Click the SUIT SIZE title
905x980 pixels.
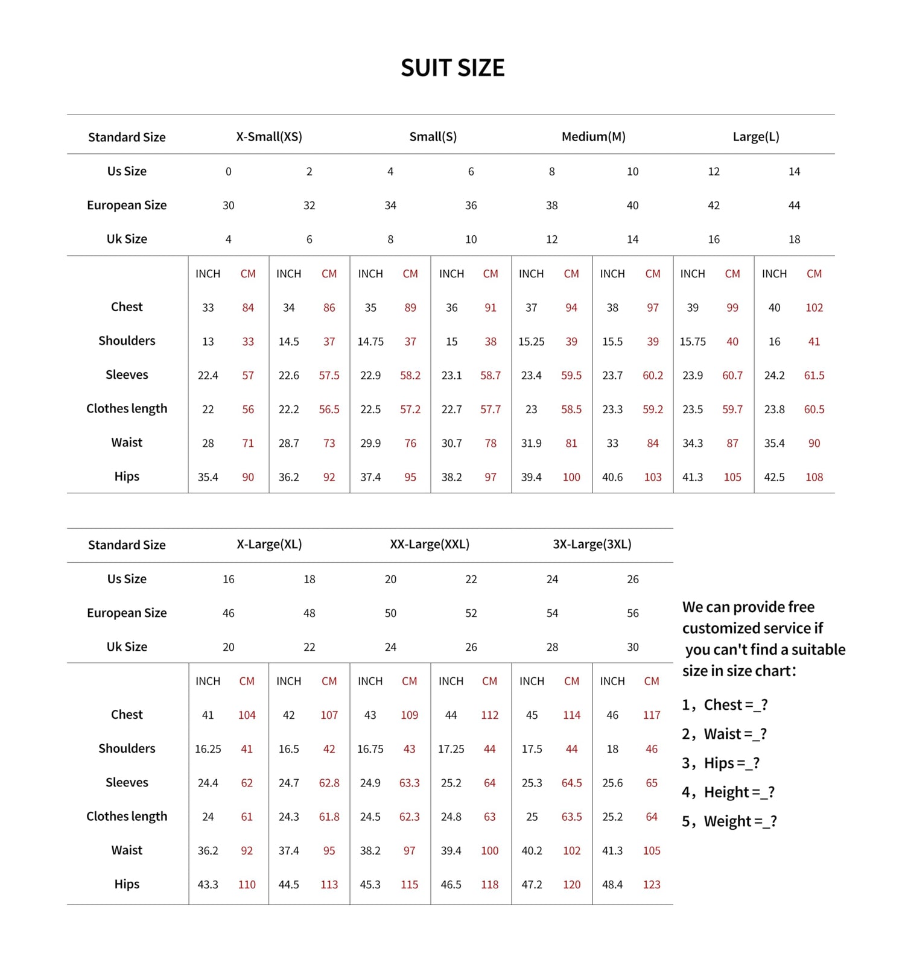(453, 68)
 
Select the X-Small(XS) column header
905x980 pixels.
(269, 137)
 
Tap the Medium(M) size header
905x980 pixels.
(593, 137)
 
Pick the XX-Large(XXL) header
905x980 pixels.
(430, 544)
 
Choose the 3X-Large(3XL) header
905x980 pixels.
(592, 544)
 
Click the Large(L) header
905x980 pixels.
(756, 137)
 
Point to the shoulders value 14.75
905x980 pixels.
(370, 341)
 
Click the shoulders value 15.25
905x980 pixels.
(531, 341)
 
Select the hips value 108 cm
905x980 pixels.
(814, 477)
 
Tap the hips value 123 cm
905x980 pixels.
(652, 885)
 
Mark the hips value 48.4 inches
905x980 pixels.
(612, 885)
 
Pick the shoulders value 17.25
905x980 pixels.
(451, 749)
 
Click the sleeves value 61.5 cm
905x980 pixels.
(814, 375)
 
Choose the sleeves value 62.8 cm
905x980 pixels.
(329, 783)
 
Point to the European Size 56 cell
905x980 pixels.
(632, 613)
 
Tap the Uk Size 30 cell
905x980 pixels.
(632, 647)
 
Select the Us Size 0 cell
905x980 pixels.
(228, 172)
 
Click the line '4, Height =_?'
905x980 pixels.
(728, 792)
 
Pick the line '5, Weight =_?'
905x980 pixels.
(729, 821)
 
